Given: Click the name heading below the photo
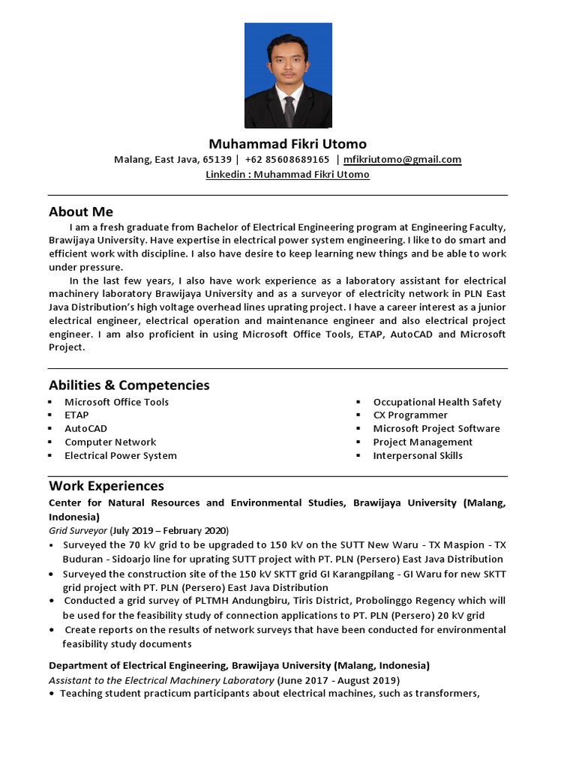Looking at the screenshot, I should pyautogui.click(x=288, y=143).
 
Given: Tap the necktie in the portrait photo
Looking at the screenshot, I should pyautogui.click(x=289, y=110).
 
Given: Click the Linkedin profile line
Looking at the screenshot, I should pyautogui.click(x=288, y=175).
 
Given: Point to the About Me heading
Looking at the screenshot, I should pyautogui.click(x=81, y=211).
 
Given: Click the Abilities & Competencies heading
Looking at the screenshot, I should pyautogui.click(x=129, y=385).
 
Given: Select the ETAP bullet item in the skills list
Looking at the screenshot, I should pyautogui.click(x=76, y=415).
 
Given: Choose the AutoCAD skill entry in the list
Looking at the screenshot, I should pyautogui.click(x=85, y=428).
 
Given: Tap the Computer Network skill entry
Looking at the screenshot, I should pyautogui.click(x=110, y=442).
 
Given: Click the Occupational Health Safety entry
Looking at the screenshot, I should pyautogui.click(x=437, y=402).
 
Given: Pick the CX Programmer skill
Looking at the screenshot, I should pyautogui.click(x=410, y=415).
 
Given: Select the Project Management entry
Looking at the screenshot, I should pyautogui.click(x=423, y=442).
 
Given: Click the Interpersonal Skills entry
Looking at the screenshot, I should pyautogui.click(x=418, y=455).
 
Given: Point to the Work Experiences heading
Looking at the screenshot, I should pyautogui.click(x=106, y=486).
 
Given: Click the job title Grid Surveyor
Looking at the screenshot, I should pyautogui.click(x=78, y=530).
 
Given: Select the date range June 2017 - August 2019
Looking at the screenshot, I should pyautogui.click(x=338, y=680).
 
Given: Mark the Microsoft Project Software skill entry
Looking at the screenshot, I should pyautogui.click(x=436, y=428).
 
